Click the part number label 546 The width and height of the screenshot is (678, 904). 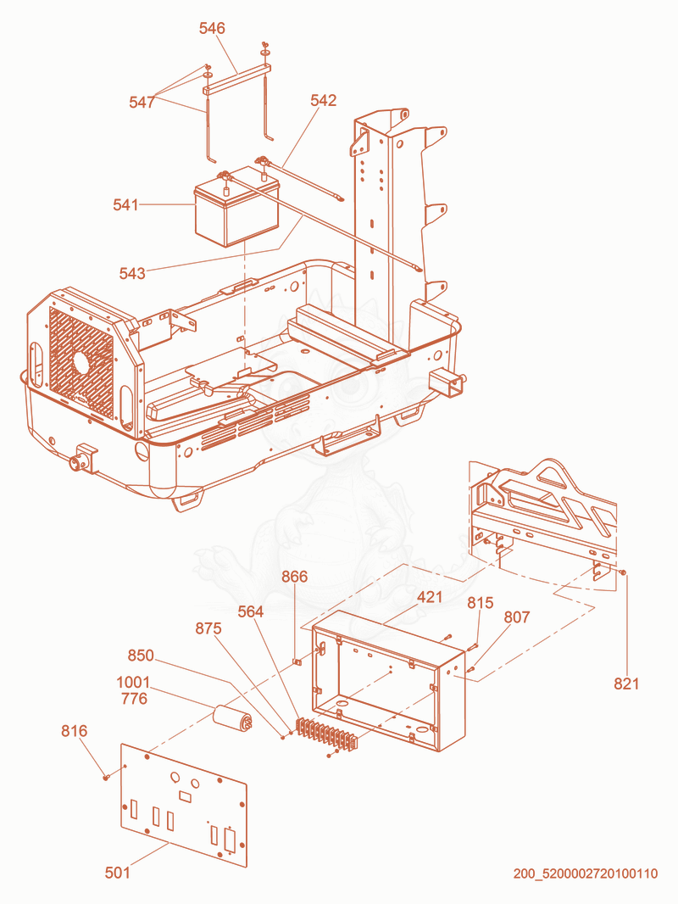[212, 28]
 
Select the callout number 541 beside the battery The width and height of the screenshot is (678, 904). [125, 204]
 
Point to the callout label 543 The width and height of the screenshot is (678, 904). [132, 273]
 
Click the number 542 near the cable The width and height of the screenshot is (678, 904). [323, 100]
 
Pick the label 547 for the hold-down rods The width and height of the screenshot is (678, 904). [142, 102]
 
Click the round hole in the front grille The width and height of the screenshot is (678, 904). [81, 363]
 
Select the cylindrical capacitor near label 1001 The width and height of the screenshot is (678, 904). [233, 718]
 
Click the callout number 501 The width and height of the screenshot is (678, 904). [118, 873]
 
